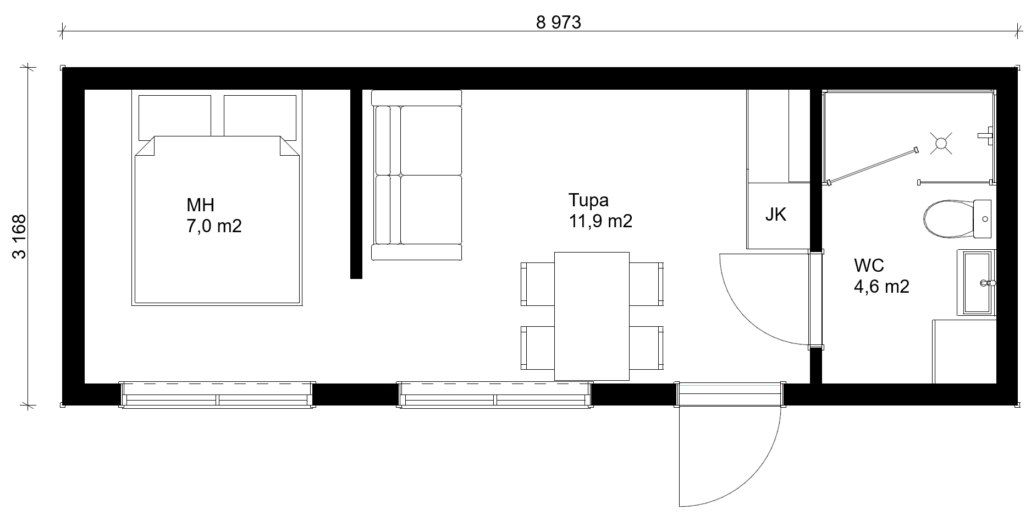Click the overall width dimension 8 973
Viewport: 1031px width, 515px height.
coord(558,23)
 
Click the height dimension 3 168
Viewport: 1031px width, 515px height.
coord(19,237)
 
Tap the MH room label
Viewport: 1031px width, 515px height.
coord(200,205)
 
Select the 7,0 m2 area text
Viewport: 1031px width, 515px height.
coord(214,226)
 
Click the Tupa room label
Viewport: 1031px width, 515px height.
coord(588,200)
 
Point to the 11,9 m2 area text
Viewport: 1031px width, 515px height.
coord(600,221)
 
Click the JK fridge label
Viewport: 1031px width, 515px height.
coord(776,215)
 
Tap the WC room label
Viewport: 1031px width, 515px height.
coord(869,265)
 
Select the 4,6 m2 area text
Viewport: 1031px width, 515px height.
coord(881,286)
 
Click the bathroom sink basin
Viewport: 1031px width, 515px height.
coord(977,283)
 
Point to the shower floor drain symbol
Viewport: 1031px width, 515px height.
coord(941,144)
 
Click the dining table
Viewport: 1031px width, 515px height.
coord(592,316)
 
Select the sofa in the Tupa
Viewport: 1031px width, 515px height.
coord(417,175)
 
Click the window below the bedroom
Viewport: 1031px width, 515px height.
coord(218,395)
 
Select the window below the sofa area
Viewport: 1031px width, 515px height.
coord(495,395)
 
